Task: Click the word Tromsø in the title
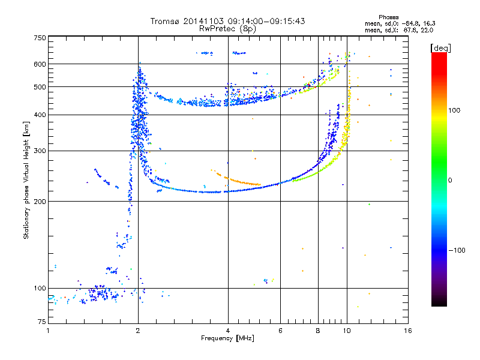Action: (x=163, y=21)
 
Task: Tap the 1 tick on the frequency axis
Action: (x=48, y=331)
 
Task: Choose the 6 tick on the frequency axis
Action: (x=281, y=331)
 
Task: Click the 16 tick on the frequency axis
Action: (x=407, y=331)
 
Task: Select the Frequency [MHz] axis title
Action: (x=227, y=338)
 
